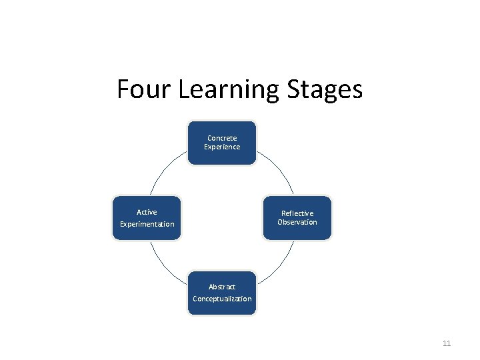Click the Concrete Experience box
point(222,143)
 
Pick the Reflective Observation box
point(297,217)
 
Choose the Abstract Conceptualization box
point(222,293)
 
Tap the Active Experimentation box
point(147,217)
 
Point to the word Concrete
point(222,138)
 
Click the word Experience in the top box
point(222,147)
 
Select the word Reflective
point(297,213)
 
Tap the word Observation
point(297,222)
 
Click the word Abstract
point(222,287)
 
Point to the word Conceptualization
point(222,299)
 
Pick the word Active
point(147,212)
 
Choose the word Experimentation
point(147,224)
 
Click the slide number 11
point(447,343)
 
